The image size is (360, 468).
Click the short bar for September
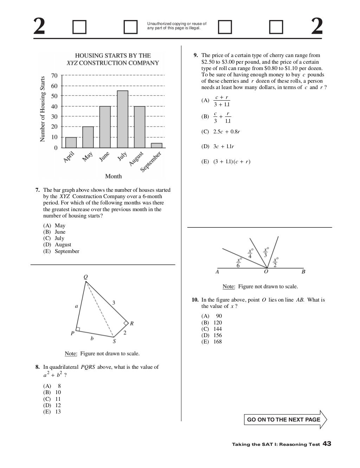pyautogui.click(x=157, y=145)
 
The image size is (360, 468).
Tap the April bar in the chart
pyautogui.click(x=71, y=142)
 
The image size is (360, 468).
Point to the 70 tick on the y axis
pyautogui.click(x=54, y=75)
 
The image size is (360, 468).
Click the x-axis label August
pyautogui.click(x=136, y=159)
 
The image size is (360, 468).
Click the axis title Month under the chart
pyautogui.click(x=113, y=176)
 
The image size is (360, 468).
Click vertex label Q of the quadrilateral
pyautogui.click(x=85, y=277)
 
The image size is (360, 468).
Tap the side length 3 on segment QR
pyautogui.click(x=113, y=302)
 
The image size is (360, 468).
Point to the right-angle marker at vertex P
pyautogui.click(x=78, y=329)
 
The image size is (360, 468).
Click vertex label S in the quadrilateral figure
pyautogui.click(x=114, y=341)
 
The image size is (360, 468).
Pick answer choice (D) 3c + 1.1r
pyautogui.click(x=224, y=146)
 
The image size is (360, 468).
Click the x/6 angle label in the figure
pyautogui.click(x=239, y=262)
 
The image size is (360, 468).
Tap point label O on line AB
pyautogui.click(x=266, y=272)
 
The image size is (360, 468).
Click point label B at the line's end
pyautogui.click(x=303, y=272)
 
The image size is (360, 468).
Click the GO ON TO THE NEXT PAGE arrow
pyautogui.click(x=285, y=419)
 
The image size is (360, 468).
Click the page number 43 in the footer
pyautogui.click(x=327, y=444)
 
